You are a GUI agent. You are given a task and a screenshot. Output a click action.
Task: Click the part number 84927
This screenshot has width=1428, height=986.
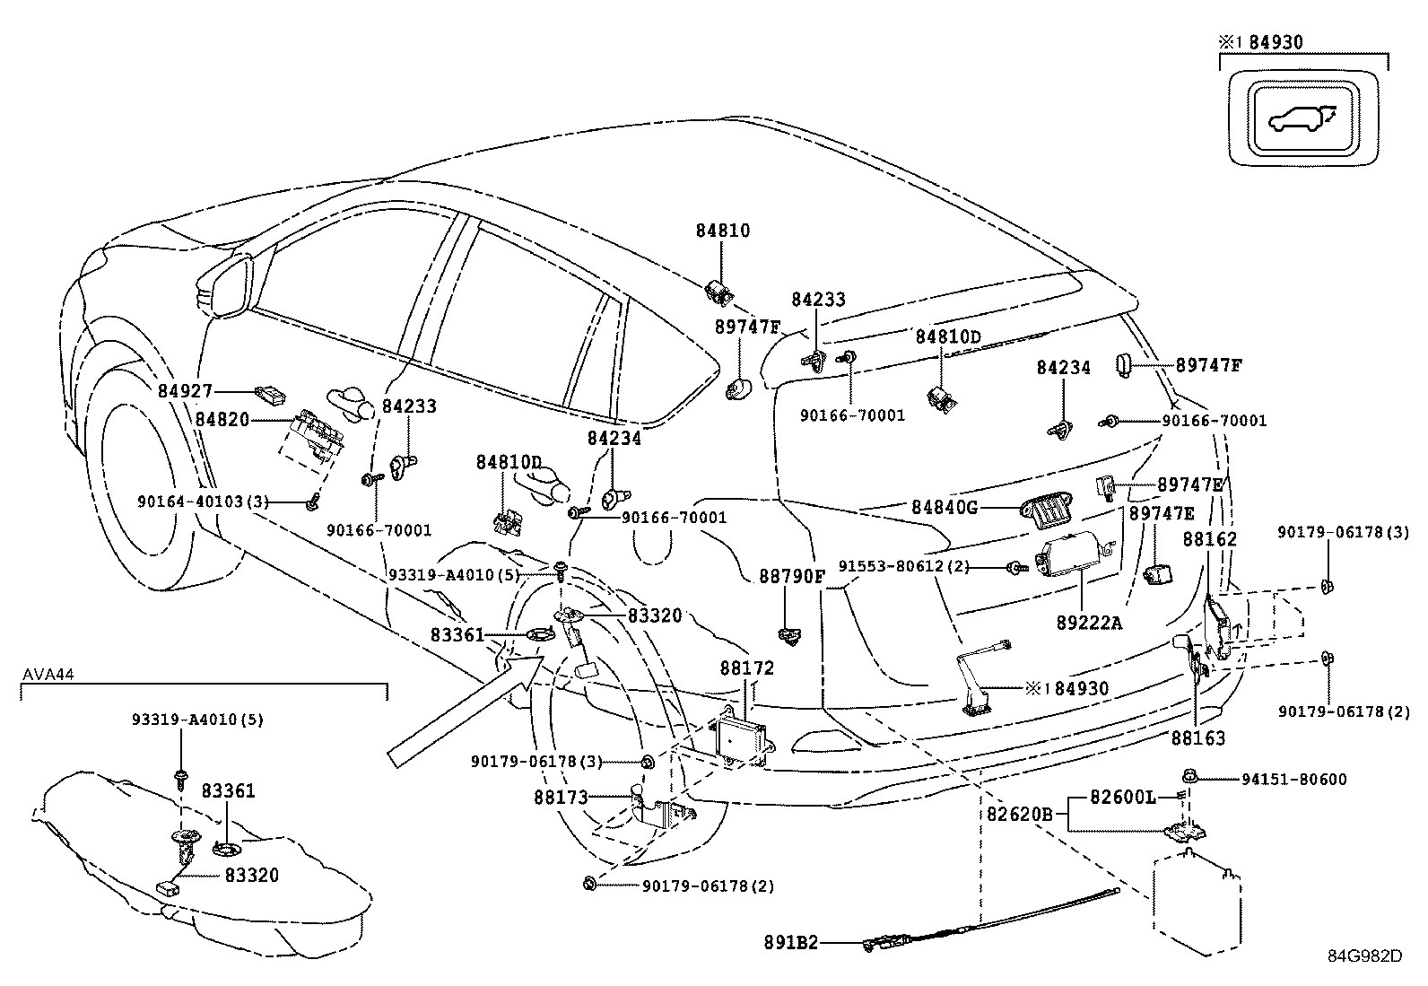[186, 391]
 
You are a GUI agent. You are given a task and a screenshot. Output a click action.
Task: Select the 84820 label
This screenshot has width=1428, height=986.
[222, 420]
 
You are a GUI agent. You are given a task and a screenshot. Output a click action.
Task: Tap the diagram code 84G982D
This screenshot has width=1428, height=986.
[1364, 955]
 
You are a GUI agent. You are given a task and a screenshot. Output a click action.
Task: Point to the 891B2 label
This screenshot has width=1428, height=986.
[791, 943]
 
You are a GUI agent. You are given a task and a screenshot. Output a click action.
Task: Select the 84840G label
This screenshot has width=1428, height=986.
[945, 508]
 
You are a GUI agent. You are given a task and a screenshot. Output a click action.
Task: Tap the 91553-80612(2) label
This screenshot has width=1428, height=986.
[904, 566]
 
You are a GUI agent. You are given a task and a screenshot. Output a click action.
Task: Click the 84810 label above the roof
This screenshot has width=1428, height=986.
[723, 231]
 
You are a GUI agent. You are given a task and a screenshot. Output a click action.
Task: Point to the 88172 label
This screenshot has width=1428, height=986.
[746, 668]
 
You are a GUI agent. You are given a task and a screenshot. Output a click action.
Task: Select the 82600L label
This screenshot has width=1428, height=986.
[1121, 796]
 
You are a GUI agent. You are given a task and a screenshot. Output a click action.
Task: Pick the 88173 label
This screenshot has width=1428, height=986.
[561, 797]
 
